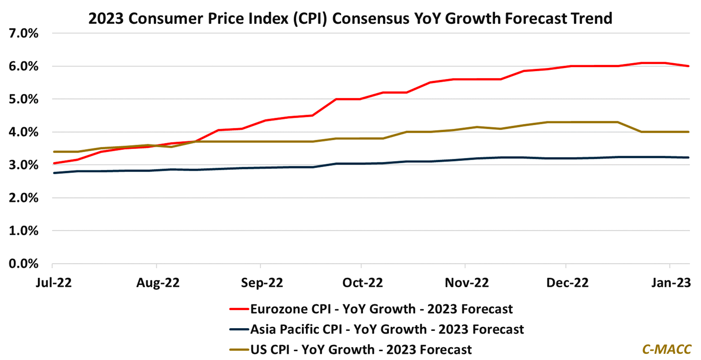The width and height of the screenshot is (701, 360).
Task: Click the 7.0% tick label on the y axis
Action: [23, 34]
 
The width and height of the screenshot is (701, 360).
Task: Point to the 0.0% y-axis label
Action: [23, 264]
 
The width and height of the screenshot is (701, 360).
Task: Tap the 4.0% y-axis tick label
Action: [23, 132]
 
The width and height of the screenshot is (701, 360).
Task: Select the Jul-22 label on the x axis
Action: [54, 283]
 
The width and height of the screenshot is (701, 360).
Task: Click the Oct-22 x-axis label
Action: [362, 283]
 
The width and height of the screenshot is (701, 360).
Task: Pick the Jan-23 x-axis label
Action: [671, 283]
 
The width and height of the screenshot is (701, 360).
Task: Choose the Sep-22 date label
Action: [262, 283]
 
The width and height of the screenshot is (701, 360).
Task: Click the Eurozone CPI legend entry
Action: [381, 309]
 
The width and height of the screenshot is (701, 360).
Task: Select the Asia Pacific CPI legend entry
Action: [387, 329]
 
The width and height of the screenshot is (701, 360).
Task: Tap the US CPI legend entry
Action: [361, 350]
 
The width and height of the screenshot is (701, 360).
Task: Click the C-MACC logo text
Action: [666, 349]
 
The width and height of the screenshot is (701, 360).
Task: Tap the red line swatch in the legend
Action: [239, 309]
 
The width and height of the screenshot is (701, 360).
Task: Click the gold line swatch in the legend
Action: [239, 350]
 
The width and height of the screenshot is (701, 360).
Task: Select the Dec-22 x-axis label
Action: [567, 283]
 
